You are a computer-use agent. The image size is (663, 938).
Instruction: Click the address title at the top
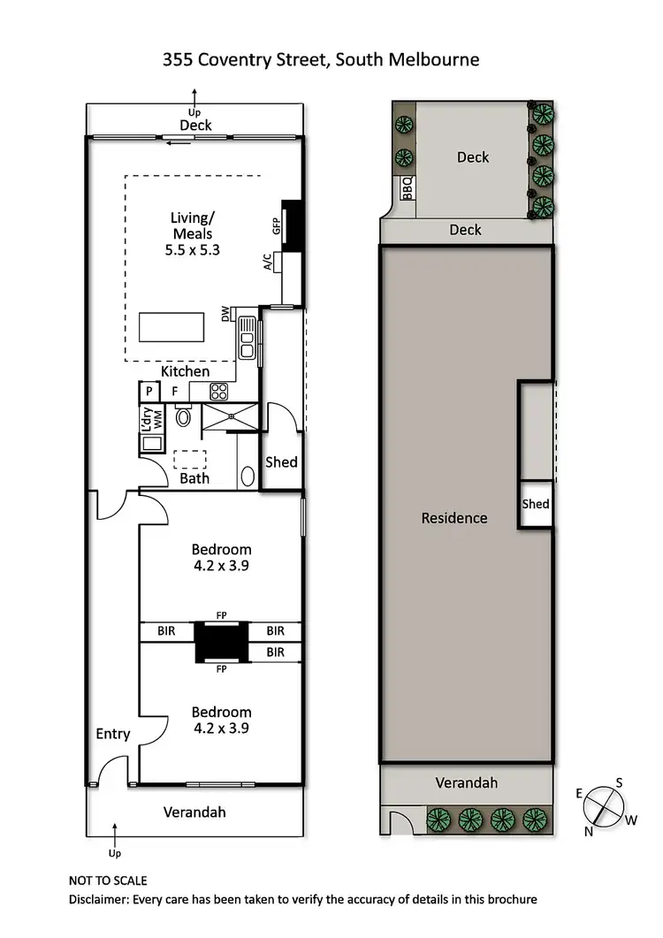321,60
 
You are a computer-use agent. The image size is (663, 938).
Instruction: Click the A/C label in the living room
268,263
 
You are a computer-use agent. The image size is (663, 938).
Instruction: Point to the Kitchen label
185,371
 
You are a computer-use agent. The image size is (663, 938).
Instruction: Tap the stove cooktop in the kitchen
219,391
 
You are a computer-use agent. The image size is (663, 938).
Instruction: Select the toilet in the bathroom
184,416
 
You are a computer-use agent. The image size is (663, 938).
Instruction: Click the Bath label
194,478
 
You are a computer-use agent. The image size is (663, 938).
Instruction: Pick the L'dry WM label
149,417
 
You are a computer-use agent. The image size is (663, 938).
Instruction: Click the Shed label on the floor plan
282,462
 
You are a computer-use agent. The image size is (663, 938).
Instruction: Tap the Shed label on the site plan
536,504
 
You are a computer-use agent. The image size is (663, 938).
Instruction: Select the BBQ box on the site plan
407,188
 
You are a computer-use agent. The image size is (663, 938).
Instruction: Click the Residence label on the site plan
454,518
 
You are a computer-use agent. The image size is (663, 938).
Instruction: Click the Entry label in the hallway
112,734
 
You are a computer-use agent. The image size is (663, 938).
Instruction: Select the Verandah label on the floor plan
194,812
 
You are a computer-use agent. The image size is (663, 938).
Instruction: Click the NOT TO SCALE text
108,881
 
